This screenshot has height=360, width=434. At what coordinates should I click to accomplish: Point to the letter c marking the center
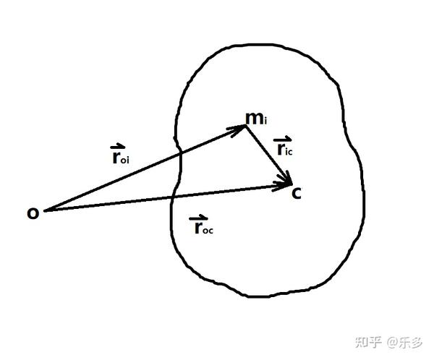tap(296, 193)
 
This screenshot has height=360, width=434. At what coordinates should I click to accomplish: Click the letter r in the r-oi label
tap(116, 158)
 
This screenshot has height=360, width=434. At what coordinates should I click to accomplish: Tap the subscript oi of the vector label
tap(126, 161)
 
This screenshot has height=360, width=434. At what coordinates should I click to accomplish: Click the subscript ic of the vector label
tap(291, 152)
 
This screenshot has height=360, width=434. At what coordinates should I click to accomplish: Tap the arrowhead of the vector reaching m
tap(242, 129)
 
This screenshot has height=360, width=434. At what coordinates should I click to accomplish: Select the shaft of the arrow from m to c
tap(268, 153)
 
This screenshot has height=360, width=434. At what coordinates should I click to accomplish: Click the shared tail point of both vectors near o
tap(46, 210)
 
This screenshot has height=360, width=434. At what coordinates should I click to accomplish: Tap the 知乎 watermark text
tap(369, 340)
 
